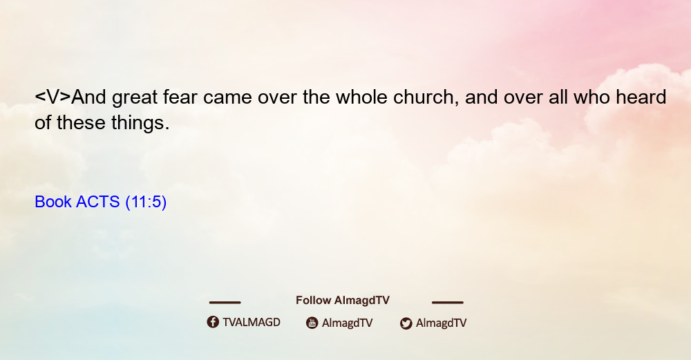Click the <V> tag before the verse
[x=53, y=97]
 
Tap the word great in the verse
[x=135, y=98]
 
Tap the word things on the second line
[x=140, y=124]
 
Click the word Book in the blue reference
[x=53, y=202]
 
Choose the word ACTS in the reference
[x=98, y=202]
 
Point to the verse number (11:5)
[x=146, y=202]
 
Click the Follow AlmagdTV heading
[x=343, y=300]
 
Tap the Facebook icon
[x=213, y=322]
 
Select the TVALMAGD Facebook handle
[x=252, y=322]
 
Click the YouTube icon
[x=312, y=323]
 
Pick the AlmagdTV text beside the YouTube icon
[x=348, y=323]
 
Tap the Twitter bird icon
[x=406, y=323]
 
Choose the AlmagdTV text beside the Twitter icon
[x=441, y=323]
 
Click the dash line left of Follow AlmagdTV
[x=225, y=303]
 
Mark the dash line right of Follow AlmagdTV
[x=448, y=303]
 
